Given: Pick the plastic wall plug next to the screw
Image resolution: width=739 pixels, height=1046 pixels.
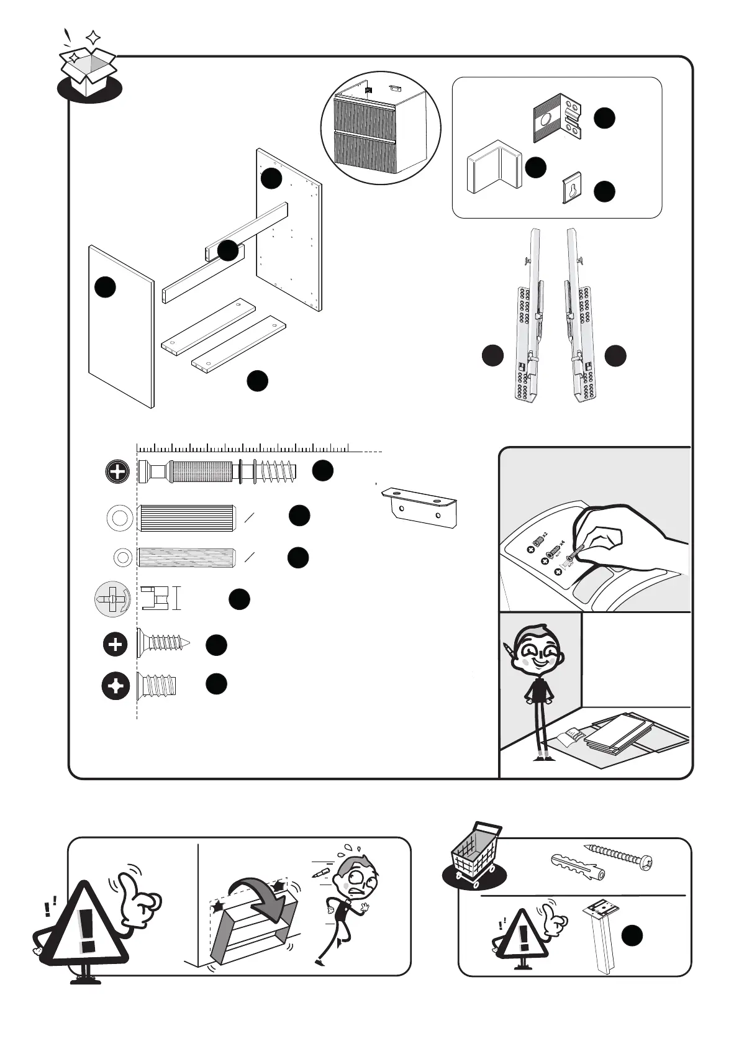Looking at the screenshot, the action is point(578,866).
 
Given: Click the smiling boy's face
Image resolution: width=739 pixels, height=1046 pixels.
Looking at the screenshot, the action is point(538,655).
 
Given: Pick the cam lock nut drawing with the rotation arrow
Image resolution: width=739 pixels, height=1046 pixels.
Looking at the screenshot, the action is point(112,600).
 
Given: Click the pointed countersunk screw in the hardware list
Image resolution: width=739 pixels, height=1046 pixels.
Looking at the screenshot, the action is point(163,644).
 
